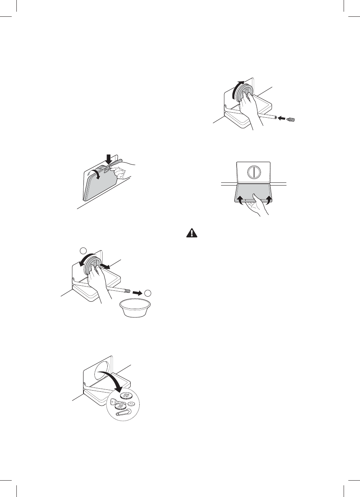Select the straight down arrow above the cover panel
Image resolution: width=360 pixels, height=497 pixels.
(x=108, y=159)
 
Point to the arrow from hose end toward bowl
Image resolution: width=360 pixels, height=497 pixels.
(x=137, y=292)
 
